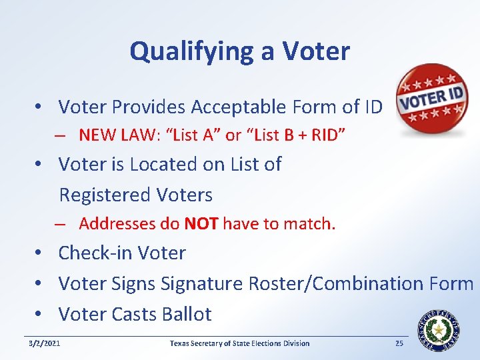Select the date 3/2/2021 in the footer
point(45,343)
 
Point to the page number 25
point(399,343)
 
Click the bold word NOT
point(201,224)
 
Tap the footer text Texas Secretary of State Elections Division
point(239,343)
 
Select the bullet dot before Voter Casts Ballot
point(41,315)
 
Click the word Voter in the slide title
point(316,51)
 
